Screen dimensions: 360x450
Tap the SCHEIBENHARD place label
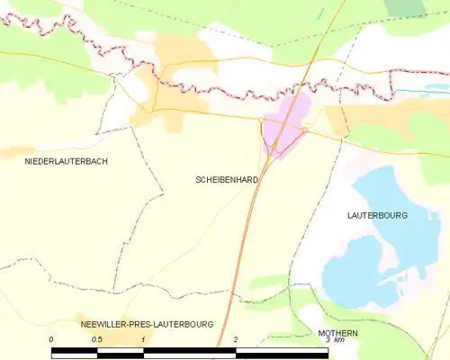point(227,180)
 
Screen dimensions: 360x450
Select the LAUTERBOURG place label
point(377,216)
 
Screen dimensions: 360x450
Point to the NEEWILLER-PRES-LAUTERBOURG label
point(145,323)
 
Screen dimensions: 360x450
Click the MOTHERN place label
point(337,333)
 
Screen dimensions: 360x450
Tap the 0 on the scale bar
point(51,339)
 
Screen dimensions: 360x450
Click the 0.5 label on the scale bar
point(97,339)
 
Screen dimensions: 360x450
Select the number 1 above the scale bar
point(144,339)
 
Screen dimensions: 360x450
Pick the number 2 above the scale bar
point(236,339)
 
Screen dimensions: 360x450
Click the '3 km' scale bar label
point(334,340)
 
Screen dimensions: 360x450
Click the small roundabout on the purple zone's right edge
point(305,131)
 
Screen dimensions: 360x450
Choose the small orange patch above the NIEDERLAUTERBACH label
point(18,149)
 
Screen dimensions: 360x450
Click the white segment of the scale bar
point(190,349)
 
